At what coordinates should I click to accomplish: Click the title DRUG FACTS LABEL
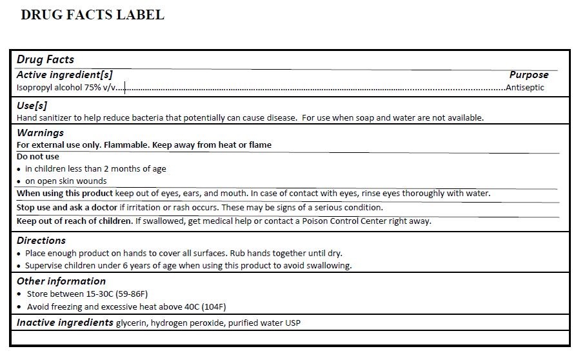(x=92, y=15)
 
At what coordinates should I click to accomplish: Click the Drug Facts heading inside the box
(x=45, y=60)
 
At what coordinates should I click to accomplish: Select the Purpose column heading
(x=528, y=75)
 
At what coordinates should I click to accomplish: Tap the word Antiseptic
(x=525, y=88)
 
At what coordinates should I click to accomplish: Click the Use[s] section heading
(x=32, y=105)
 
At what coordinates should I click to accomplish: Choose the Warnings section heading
(x=40, y=133)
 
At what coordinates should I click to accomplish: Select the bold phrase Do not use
(x=37, y=157)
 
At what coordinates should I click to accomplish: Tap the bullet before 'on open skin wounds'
(x=19, y=182)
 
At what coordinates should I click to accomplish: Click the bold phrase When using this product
(x=65, y=194)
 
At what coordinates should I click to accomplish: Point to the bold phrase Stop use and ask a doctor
(x=67, y=208)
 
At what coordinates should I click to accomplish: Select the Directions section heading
(x=41, y=241)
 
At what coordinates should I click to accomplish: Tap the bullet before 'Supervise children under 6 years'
(x=19, y=266)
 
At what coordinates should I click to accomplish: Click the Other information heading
(x=61, y=281)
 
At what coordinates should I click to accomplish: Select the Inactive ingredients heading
(x=65, y=323)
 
